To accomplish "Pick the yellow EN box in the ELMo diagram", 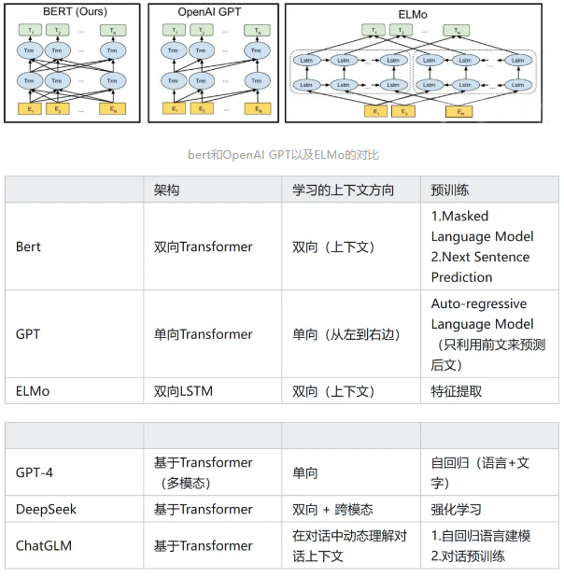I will [458, 112].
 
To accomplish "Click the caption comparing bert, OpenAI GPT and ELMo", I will [281, 155].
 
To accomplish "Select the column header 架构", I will [167, 190].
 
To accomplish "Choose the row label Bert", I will [28, 246].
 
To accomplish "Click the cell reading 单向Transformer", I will [203, 333].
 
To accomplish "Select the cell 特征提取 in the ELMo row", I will [457, 391].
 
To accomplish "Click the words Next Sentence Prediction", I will [480, 267].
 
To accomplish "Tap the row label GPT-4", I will [35, 472].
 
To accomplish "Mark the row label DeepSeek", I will [46, 509].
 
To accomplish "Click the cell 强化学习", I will [457, 509].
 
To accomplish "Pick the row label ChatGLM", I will [43, 545].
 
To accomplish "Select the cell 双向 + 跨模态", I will [332, 509].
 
